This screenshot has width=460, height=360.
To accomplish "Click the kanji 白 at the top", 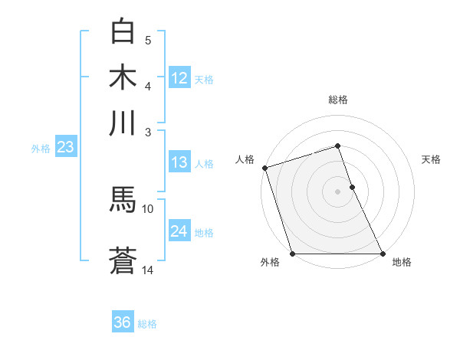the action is click(x=123, y=32).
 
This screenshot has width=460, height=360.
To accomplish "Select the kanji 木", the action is click(x=123, y=77).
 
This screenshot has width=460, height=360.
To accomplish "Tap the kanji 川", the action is click(x=123, y=123).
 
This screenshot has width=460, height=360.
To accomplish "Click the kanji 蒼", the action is click(x=123, y=260).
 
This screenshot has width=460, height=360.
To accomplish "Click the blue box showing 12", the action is click(x=179, y=78).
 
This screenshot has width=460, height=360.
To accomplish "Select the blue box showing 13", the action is click(x=179, y=162).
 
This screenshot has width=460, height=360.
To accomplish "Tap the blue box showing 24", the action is click(x=179, y=231).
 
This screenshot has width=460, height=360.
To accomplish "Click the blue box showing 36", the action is click(x=122, y=322).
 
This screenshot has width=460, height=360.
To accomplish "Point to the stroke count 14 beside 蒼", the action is click(x=148, y=270).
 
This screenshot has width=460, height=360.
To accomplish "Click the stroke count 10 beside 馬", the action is click(x=148, y=208).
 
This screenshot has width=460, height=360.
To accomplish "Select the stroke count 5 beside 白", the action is click(x=148, y=41).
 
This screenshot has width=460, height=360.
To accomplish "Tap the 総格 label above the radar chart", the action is click(x=337, y=100).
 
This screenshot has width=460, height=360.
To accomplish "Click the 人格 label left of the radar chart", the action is click(x=245, y=159).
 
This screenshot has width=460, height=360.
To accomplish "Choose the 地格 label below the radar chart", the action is click(x=402, y=263).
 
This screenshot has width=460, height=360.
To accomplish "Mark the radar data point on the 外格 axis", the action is click(x=292, y=254).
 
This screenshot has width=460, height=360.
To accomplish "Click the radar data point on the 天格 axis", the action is click(x=352, y=187).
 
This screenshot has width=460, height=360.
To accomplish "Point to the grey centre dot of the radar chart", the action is click(x=337, y=191).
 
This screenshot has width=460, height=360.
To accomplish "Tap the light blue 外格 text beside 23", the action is click(x=40, y=149).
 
